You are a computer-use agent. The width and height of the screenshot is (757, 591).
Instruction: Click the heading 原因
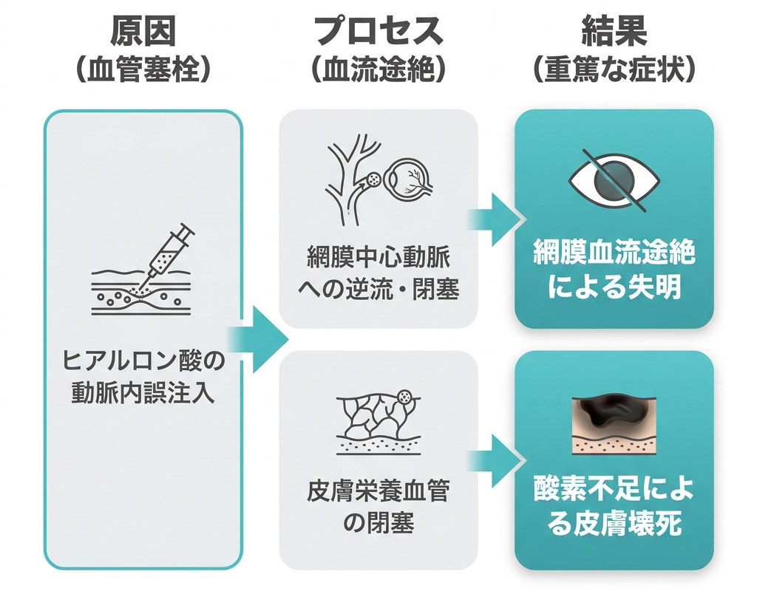(x=143, y=31)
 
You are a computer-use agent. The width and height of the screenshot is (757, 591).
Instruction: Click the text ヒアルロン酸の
(x=143, y=361)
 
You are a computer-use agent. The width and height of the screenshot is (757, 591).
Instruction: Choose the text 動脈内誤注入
(x=143, y=393)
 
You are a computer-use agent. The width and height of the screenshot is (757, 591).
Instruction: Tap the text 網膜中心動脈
(x=379, y=257)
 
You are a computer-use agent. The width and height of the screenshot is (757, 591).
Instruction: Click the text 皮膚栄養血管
(x=379, y=491)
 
